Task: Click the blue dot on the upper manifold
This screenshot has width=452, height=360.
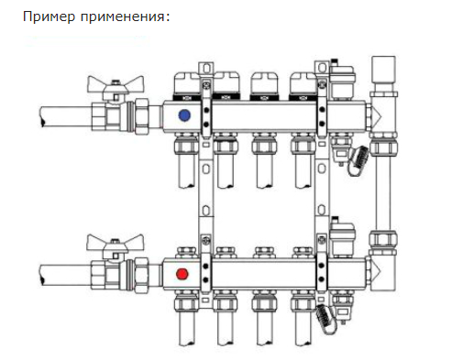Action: pyautogui.click(x=185, y=116)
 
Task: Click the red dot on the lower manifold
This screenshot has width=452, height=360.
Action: pyautogui.click(x=184, y=273)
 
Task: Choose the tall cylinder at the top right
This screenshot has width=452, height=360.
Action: pyautogui.click(x=381, y=71)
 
